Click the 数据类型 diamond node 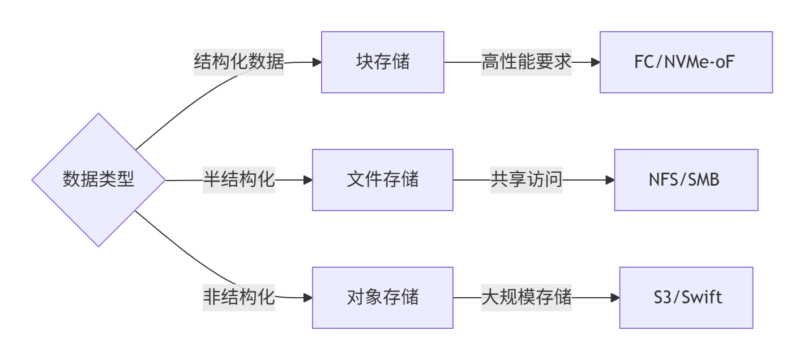pos(99,180)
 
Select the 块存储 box pos(383,62)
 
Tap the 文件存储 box pos(383,180)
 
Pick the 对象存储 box pos(383,298)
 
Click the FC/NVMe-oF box pos(686,62)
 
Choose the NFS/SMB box pos(686,180)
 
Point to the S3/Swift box pos(686,298)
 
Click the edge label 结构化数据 pos(239,62)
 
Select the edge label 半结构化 pos(239,180)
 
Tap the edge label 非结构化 pos(239,298)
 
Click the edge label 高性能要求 pos(527,62)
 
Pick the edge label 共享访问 pos(527,180)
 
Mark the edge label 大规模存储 pos(527,298)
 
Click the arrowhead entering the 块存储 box pos(317,62)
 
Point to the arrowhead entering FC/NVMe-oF pos(596,62)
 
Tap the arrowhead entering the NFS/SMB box pos(610,180)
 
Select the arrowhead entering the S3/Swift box pos(615,298)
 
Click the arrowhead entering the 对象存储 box pos(308,298)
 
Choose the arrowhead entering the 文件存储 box pos(308,180)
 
